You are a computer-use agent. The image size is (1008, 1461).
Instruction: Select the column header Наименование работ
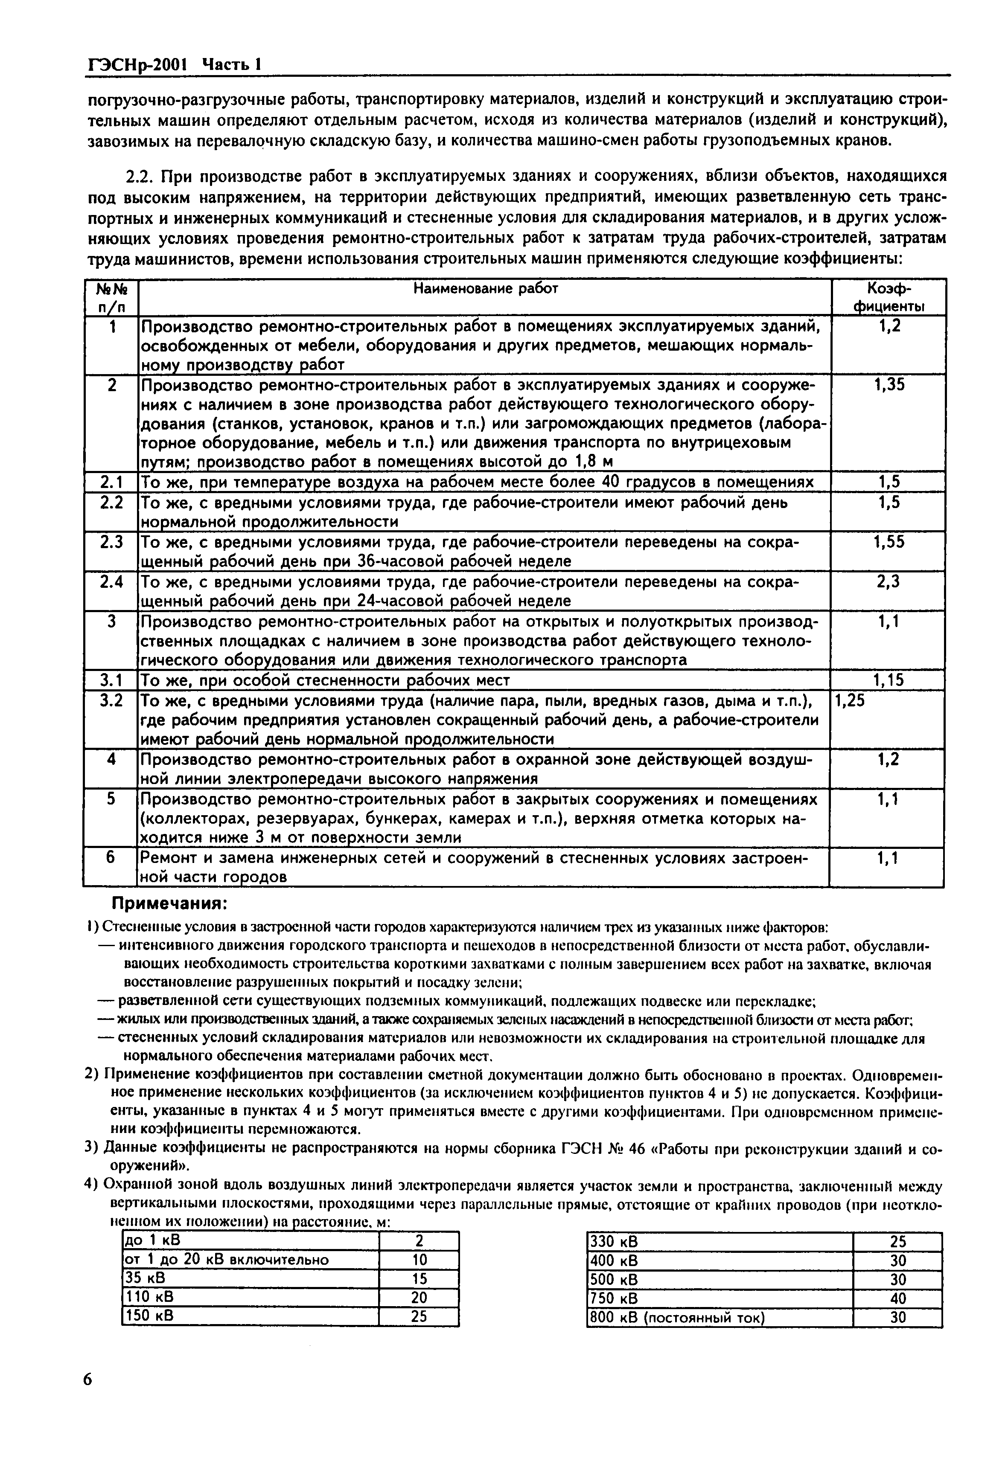[x=485, y=289]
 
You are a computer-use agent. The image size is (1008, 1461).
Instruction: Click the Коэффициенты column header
[x=889, y=297]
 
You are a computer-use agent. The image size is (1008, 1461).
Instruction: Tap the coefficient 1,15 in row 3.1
[x=889, y=680]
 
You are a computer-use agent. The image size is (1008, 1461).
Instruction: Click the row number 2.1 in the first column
[x=111, y=483]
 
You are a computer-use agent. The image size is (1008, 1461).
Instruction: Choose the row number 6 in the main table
[x=111, y=858]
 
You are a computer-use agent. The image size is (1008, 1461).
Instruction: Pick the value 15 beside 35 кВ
[x=419, y=1278]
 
